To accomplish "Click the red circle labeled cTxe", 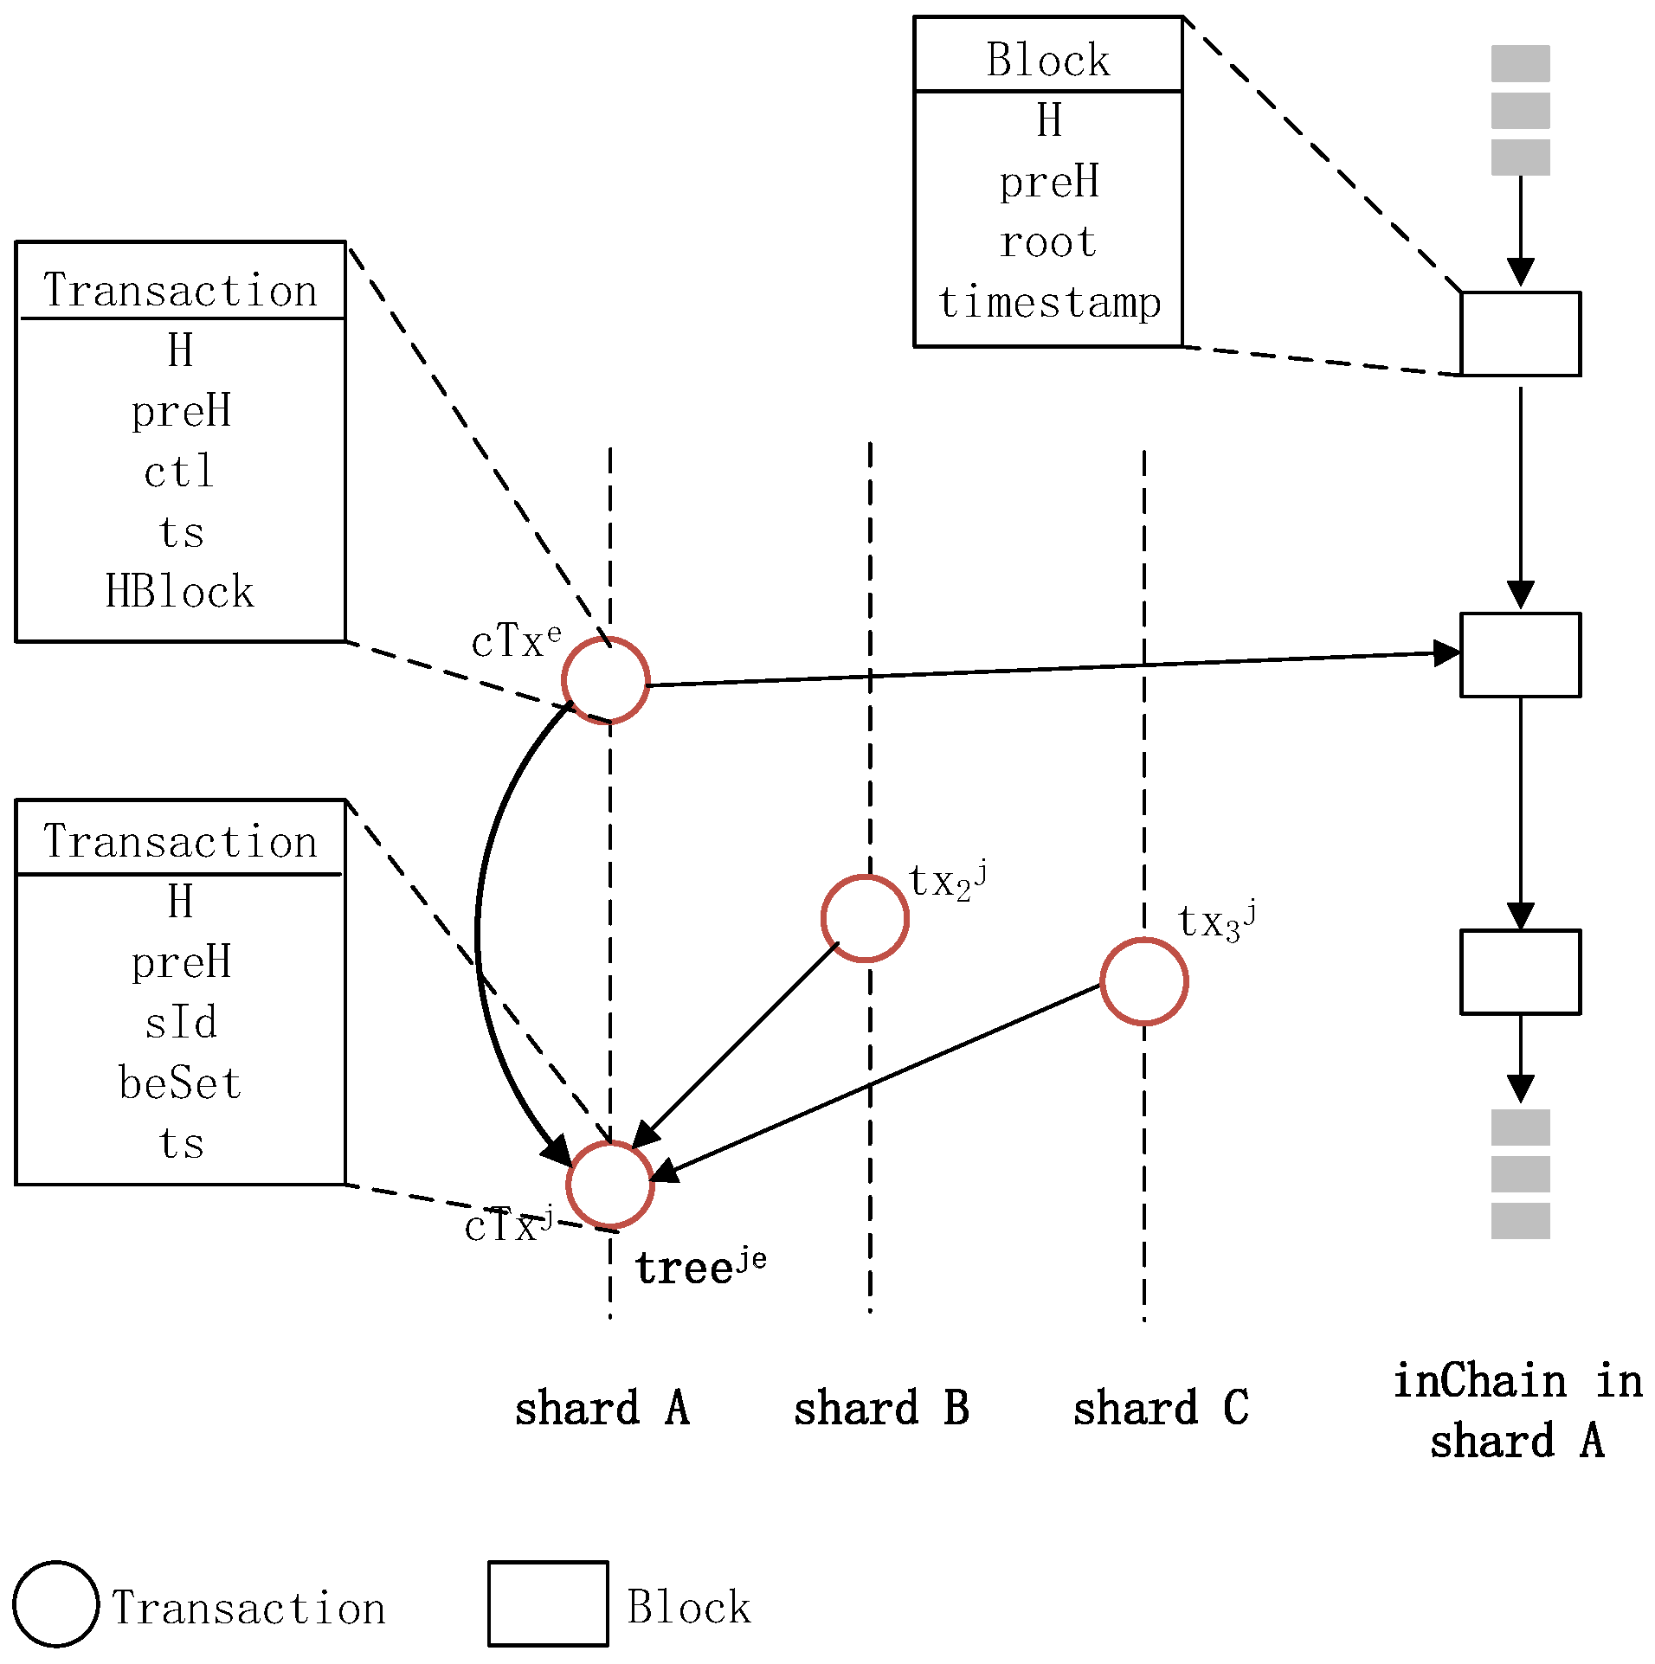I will click(605, 679).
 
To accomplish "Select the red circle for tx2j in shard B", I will click(865, 918).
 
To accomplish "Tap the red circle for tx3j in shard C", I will click(1143, 981).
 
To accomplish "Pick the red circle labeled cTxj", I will click(610, 1184).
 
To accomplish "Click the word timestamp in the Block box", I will click(1049, 303).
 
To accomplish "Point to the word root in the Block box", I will click(1048, 242).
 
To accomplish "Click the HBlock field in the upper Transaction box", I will click(180, 592).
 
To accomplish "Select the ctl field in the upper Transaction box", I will click(179, 472).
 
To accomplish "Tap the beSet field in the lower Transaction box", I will click(180, 1083).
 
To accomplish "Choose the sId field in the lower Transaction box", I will click(181, 1023).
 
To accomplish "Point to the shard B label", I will click(881, 1408).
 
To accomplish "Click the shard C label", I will click(1161, 1408).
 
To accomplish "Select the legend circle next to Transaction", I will click(55, 1603).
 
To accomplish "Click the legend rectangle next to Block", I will click(548, 1603).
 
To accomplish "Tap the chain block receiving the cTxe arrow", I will click(1520, 655).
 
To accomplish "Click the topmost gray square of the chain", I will click(1520, 64).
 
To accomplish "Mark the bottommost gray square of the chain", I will click(1520, 1221).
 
